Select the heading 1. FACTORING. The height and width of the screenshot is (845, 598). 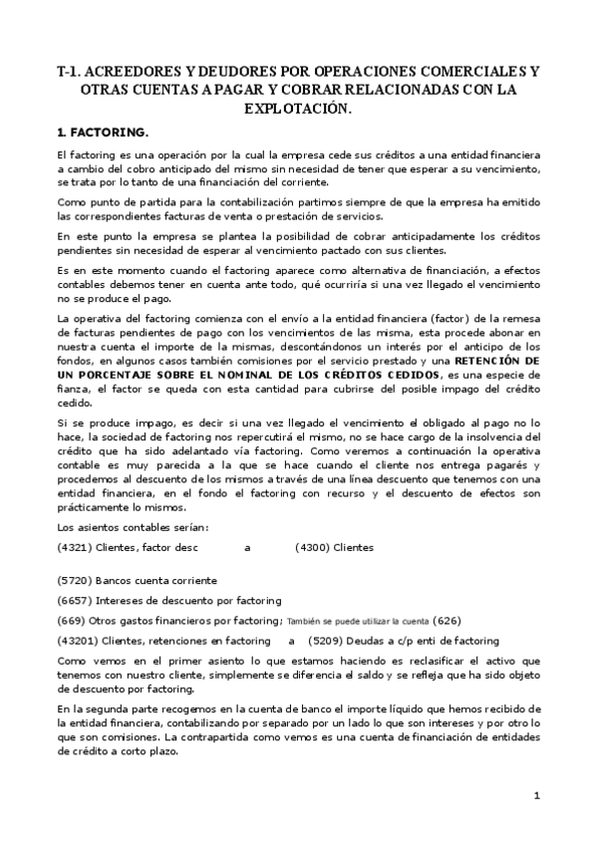pyautogui.click(x=104, y=133)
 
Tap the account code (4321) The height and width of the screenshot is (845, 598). pyautogui.click(x=74, y=547)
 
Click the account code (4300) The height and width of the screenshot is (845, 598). pyautogui.click(x=312, y=547)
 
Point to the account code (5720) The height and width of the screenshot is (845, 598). pyautogui.click(x=74, y=580)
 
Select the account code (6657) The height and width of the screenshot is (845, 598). pyautogui.click(x=74, y=600)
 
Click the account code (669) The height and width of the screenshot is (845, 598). pyautogui.click(x=71, y=620)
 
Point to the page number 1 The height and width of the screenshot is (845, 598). pyautogui.click(x=536, y=795)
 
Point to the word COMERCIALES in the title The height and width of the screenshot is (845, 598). pyautogui.click(x=466, y=72)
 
